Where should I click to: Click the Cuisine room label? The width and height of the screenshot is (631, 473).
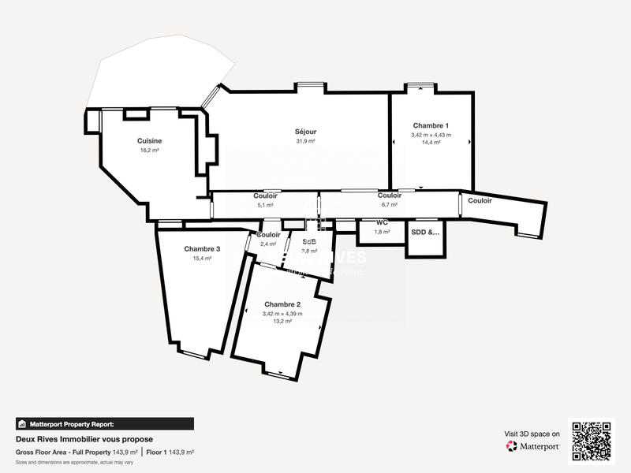149,140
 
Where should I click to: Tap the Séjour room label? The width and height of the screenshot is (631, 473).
305,132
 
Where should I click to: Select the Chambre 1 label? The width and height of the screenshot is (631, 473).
431,126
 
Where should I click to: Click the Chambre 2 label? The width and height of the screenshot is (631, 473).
282,304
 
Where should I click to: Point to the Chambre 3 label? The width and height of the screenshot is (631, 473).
202,248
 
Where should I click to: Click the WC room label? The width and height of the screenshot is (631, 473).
382,223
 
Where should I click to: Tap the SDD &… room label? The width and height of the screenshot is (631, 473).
425,233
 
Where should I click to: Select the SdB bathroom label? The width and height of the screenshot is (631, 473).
309,241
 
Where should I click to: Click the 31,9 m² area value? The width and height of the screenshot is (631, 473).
305,141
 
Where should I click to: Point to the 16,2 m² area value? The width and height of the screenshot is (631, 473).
149,150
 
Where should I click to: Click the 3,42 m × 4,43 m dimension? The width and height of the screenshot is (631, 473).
431,135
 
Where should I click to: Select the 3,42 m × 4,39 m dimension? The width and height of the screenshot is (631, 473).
282,314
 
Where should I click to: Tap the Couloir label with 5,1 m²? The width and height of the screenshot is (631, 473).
265,196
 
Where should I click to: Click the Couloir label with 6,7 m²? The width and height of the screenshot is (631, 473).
390,196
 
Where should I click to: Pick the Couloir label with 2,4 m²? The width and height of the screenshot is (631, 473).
268,235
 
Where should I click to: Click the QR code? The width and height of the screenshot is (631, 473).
592,441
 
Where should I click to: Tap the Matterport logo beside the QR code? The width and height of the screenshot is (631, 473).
533,445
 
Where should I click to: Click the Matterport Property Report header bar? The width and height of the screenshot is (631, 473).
104,423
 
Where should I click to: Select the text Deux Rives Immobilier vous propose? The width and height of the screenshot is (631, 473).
84,439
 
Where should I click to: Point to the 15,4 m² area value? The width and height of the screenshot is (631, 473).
202,258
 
